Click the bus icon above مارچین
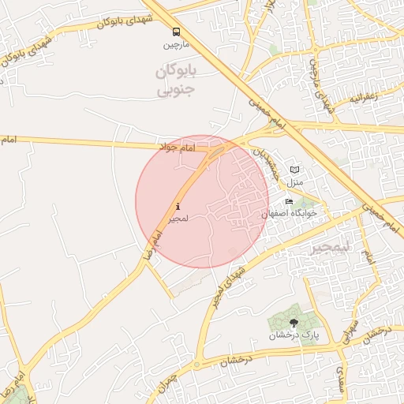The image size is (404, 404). tap(175, 32)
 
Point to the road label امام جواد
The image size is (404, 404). tap(176, 148)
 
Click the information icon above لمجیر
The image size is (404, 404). tap(177, 208)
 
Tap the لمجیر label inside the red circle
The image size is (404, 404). tap(177, 219)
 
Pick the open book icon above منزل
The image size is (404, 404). tap(294, 170)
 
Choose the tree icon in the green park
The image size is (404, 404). tap(294, 322)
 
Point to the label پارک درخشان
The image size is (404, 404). tap(294, 335)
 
